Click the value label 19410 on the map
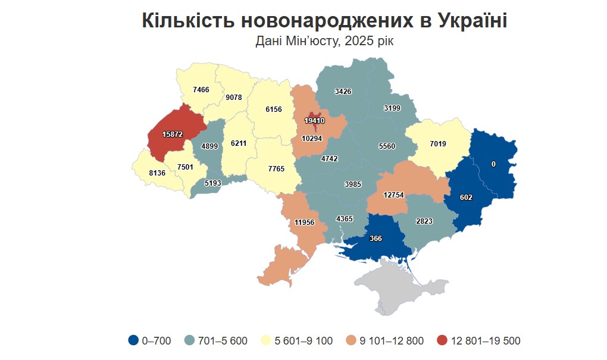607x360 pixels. point(314,120)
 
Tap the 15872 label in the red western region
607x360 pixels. point(172,134)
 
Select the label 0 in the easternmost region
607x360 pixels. point(493,164)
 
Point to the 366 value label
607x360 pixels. point(376,238)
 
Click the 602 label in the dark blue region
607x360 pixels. point(466,197)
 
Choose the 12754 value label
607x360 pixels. point(394,195)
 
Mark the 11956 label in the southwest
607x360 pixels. point(304,223)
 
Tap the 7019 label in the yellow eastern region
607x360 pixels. point(438,143)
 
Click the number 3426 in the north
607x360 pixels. point(343,91)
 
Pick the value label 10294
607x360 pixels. point(312,138)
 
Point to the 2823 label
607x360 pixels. point(424,221)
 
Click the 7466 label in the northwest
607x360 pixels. point(201,89)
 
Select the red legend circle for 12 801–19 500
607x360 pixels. point(442,340)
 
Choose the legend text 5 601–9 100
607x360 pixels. point(303,341)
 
